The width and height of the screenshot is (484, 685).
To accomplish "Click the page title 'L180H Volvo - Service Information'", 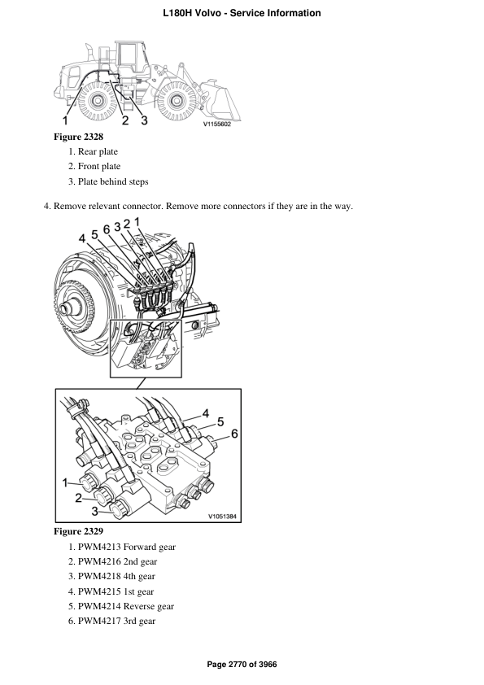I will pyautogui.click(x=242, y=13).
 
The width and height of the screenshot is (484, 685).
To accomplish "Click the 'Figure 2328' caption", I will pyautogui.click(x=78, y=137).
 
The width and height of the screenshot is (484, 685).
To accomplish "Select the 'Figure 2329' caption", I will pyautogui.click(x=78, y=531).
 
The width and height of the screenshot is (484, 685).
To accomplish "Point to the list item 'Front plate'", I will pyautogui.click(x=98, y=167).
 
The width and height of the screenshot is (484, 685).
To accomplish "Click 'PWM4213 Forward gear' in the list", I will pyautogui.click(x=126, y=547).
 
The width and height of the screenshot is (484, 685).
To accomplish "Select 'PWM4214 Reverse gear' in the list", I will pyautogui.click(x=125, y=606).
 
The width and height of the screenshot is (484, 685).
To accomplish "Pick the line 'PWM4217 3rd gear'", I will pyautogui.click(x=116, y=621).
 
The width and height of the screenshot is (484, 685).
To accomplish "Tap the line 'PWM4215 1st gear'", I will pyautogui.click(x=116, y=591).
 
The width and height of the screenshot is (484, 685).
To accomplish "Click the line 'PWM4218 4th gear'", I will pyautogui.click(x=116, y=576).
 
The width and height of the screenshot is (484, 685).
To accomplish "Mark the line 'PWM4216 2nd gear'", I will pyautogui.click(x=117, y=561).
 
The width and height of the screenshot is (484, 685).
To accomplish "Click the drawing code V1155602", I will pyautogui.click(x=217, y=124).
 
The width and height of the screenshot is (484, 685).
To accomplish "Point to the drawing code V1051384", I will pyautogui.click(x=221, y=516).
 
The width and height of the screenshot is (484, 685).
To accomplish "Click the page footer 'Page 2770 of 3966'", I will pyautogui.click(x=242, y=665).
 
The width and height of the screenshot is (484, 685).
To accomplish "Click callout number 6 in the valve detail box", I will pyautogui.click(x=234, y=434).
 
